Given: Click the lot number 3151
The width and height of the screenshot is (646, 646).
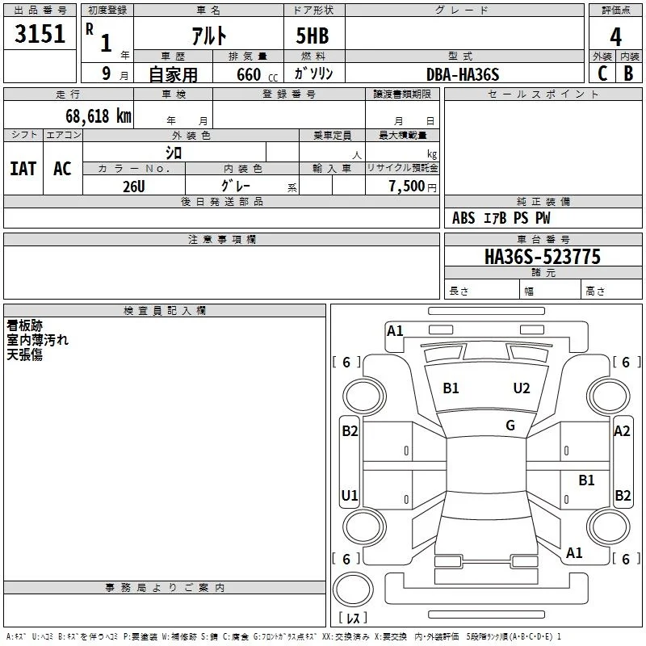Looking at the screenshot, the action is (40, 33).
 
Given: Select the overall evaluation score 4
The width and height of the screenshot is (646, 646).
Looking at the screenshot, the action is (615, 37).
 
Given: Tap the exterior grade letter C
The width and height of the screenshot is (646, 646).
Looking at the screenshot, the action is (602, 73).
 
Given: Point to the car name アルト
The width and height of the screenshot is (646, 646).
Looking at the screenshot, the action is (209, 36).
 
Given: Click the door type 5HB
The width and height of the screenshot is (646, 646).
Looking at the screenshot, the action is (313, 36).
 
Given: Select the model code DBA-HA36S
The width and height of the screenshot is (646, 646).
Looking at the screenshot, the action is (463, 74).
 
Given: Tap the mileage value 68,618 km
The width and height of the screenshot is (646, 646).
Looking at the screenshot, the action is (99, 116).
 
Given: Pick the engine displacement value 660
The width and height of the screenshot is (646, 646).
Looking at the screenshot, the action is (249, 74).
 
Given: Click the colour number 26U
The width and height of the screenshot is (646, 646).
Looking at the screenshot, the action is (134, 187).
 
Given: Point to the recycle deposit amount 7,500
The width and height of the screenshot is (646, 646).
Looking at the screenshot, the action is (407, 186).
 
